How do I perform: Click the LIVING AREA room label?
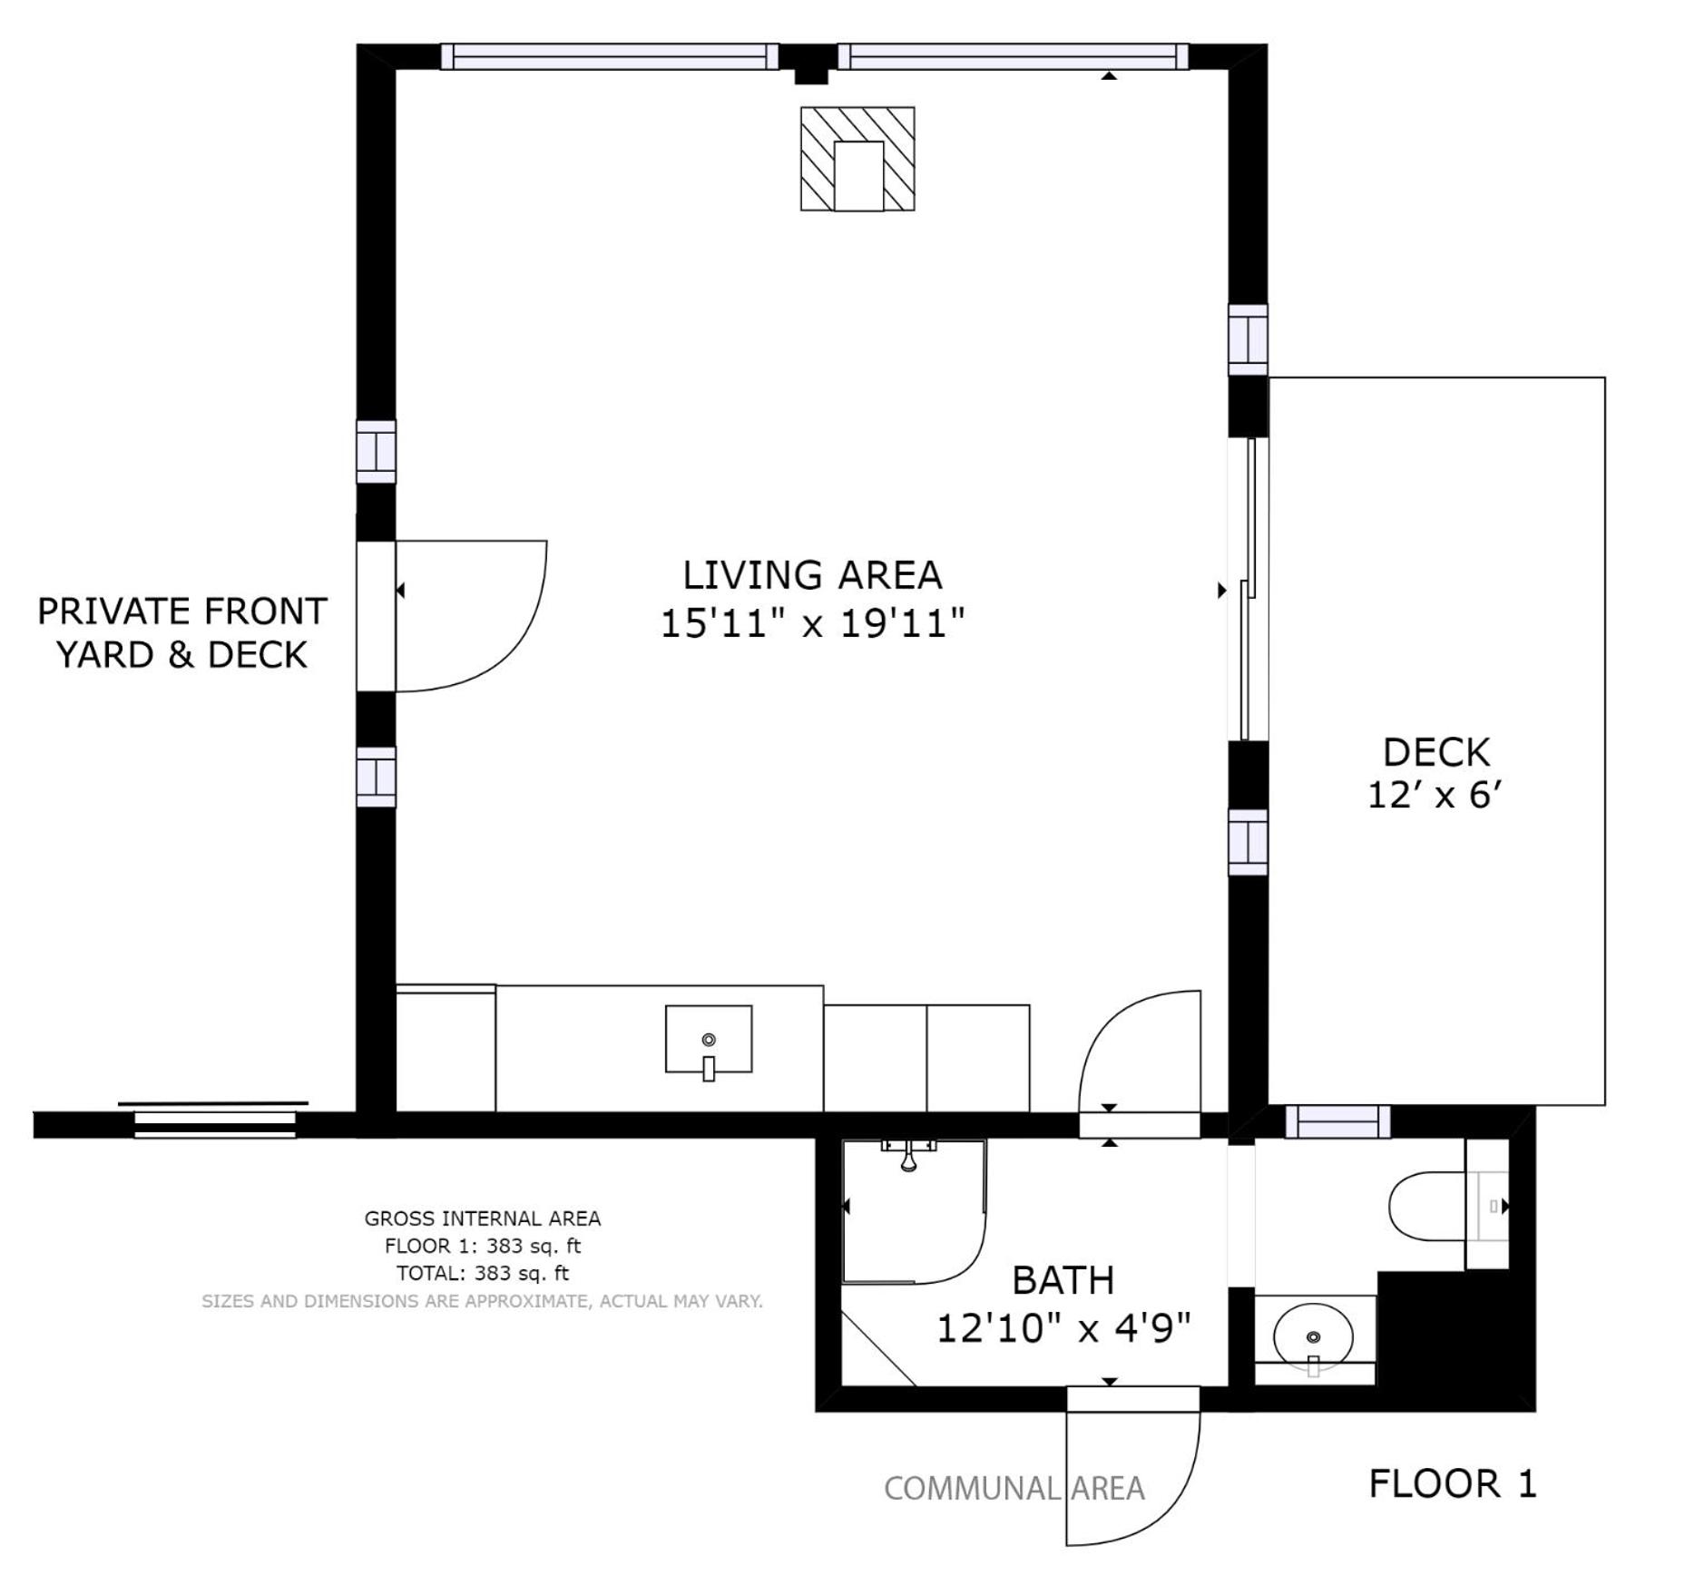[x=812, y=575]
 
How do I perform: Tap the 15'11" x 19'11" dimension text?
[x=812, y=623]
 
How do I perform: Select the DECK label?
[x=1435, y=752]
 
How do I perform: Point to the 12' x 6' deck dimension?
[x=1435, y=796]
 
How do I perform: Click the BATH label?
[x=1063, y=1280]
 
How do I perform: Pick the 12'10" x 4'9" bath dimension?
[x=1063, y=1328]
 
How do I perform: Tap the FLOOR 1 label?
[x=1453, y=1484]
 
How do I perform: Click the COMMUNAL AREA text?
[x=1014, y=1489]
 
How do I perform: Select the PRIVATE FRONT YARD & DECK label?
[x=181, y=632]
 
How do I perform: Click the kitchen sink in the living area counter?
[x=709, y=1041]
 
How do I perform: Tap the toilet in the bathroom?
[x=1448, y=1206]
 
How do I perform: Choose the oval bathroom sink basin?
[x=1313, y=1337]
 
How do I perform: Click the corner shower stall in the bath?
[x=914, y=1211]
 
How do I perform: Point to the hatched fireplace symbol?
[x=857, y=159]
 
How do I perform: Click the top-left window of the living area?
[x=610, y=56]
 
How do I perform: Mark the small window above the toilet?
[x=1337, y=1122]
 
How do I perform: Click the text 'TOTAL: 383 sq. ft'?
[x=483, y=1273]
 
